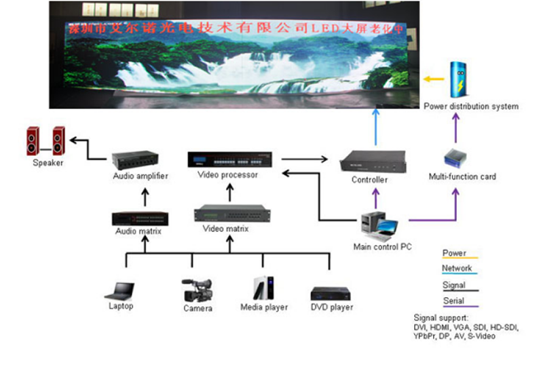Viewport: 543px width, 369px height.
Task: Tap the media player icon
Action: (x=264, y=288)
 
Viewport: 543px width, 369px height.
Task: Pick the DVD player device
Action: (x=331, y=294)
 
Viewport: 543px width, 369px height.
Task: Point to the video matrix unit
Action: (x=225, y=213)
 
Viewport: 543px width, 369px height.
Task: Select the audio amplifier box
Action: (x=141, y=162)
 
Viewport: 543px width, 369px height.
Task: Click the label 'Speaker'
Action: (x=48, y=163)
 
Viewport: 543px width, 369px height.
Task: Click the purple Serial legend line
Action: (x=460, y=307)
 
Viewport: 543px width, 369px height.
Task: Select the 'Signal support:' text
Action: (x=441, y=317)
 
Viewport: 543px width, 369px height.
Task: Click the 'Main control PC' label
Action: (x=382, y=246)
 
